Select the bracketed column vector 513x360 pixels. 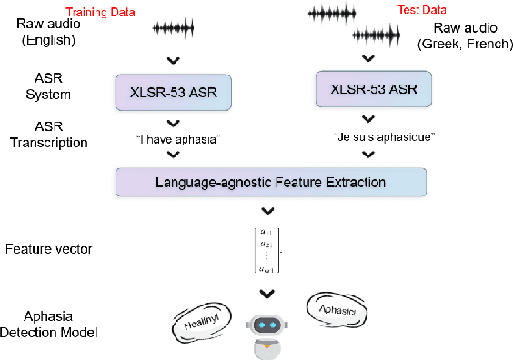[267, 249]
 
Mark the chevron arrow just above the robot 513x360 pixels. [267, 293]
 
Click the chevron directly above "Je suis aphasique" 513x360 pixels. [367, 119]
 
